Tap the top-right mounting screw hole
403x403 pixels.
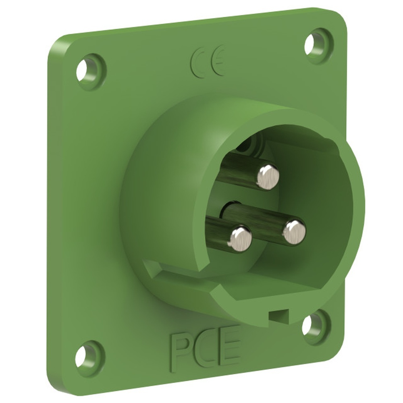tap(311, 45)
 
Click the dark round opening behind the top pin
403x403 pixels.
tap(250, 144)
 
